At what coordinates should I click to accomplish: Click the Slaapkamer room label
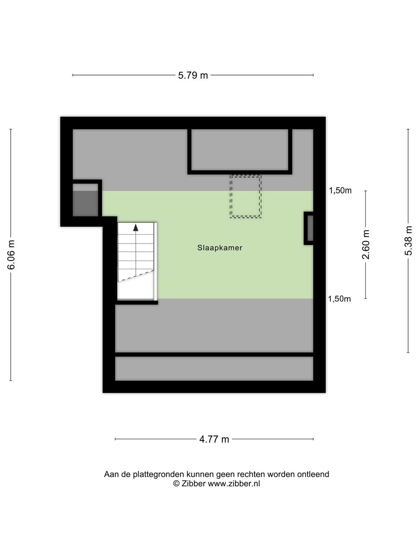click(x=220, y=248)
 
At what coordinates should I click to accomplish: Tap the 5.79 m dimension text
click(x=193, y=75)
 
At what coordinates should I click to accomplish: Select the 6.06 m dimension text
click(x=11, y=255)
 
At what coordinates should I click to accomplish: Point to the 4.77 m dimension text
click(x=214, y=439)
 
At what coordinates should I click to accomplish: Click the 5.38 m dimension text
click(x=408, y=241)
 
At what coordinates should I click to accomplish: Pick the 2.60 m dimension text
click(x=366, y=244)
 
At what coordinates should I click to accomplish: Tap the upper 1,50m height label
click(x=340, y=190)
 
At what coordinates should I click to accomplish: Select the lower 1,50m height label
click(x=339, y=299)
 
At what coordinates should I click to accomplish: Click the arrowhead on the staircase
click(x=135, y=227)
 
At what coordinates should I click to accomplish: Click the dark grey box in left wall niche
click(x=85, y=203)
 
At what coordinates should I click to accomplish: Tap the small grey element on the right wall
click(x=310, y=228)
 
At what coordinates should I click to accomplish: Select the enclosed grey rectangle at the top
click(x=240, y=150)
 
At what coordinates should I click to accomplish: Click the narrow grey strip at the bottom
click(x=214, y=368)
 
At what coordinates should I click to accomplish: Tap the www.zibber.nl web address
click(x=234, y=483)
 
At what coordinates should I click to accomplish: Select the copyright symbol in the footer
click(x=176, y=483)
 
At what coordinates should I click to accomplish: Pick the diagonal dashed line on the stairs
click(x=136, y=276)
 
